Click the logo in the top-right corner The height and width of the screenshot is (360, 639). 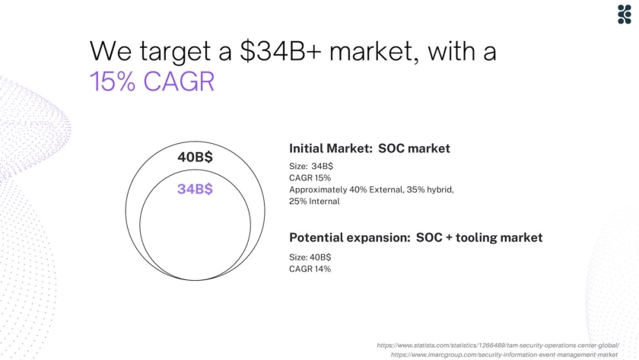click(x=625, y=14)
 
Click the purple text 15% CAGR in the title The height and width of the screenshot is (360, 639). click(x=152, y=81)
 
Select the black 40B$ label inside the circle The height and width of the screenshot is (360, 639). click(x=195, y=157)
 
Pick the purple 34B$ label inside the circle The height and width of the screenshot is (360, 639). click(x=195, y=189)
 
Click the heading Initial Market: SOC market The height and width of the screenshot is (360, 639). click(x=370, y=148)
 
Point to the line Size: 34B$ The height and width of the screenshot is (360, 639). click(x=311, y=167)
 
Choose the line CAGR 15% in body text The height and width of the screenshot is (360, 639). click(x=310, y=178)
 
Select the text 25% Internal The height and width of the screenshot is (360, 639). click(x=314, y=202)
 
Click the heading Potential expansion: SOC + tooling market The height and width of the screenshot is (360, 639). click(x=415, y=237)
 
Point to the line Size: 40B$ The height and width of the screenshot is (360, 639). click(x=310, y=257)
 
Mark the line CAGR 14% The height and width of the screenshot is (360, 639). click(x=310, y=269)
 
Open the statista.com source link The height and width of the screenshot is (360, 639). click(x=498, y=346)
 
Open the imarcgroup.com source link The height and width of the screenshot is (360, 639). click(x=504, y=355)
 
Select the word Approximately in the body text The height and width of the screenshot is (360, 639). click(x=318, y=190)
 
